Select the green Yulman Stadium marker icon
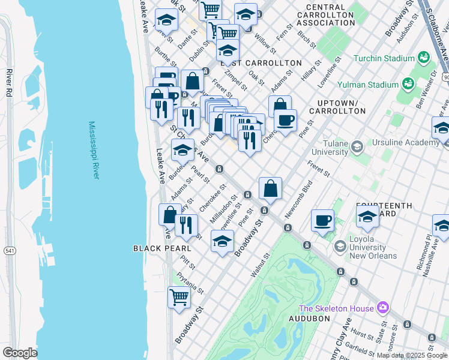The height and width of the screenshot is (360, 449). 409,83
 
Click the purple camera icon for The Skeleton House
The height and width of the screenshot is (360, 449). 383,308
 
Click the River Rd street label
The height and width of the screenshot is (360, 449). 10,83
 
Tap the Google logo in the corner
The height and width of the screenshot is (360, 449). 20,353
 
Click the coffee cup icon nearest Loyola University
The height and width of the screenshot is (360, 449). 322,221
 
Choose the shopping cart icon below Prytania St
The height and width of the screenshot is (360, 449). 179,296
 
